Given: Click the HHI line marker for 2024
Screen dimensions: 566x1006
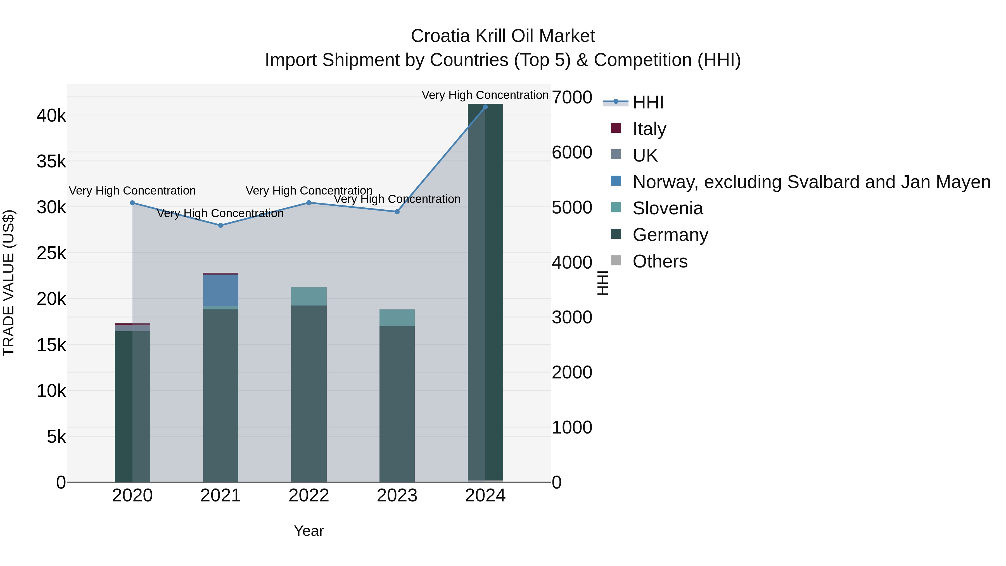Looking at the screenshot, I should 485,107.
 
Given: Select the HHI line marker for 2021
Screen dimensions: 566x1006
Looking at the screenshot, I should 221,225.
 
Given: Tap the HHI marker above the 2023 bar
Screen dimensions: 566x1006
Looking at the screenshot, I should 397,212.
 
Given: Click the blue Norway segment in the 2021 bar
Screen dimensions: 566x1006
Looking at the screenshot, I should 221,291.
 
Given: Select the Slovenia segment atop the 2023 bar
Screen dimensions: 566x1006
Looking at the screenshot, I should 397,318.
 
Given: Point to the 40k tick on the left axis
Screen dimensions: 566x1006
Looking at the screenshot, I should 51,116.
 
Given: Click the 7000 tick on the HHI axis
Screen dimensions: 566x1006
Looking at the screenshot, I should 572,97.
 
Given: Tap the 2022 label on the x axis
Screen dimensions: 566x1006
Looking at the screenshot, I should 309,496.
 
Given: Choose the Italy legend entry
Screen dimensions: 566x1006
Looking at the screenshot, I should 649,129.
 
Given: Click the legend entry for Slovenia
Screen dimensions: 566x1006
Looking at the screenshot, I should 667,208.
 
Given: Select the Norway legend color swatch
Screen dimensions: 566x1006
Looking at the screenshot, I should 616,181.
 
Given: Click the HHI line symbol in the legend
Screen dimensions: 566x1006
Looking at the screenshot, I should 616,102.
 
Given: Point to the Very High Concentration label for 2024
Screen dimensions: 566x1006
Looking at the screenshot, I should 485,95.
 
